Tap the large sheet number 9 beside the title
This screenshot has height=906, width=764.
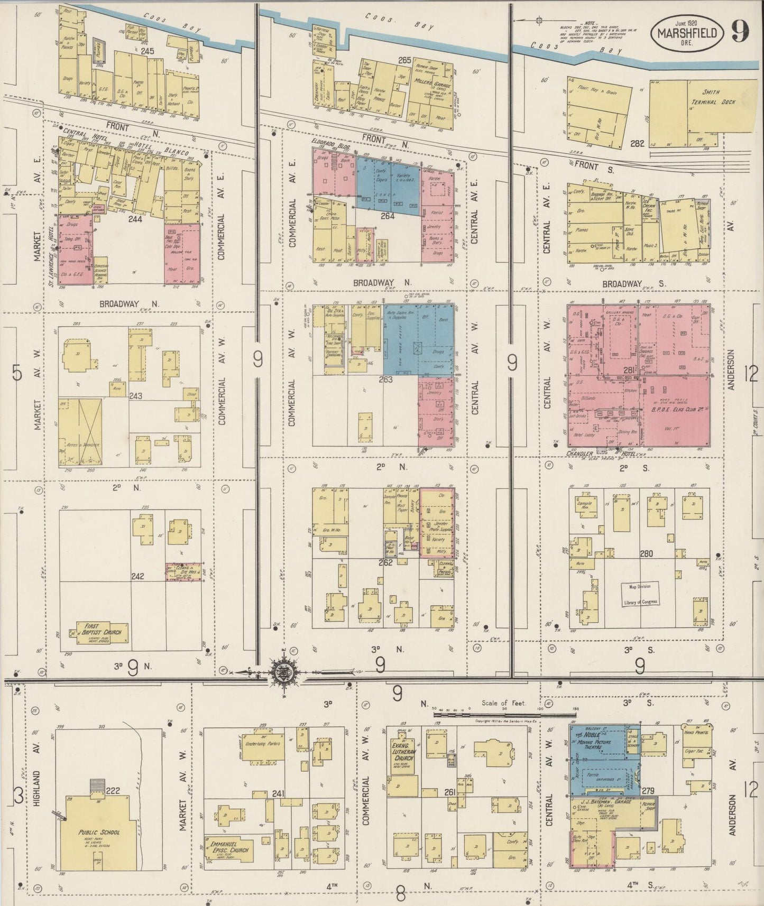pos(740,32)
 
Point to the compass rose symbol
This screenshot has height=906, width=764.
pos(280,673)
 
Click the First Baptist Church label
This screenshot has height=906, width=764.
pos(102,632)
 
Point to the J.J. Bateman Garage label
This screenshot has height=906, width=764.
pos(601,801)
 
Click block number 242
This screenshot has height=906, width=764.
pos(137,576)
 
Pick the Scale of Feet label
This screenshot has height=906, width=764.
pos(503,703)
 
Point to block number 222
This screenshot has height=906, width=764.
pos(113,791)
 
